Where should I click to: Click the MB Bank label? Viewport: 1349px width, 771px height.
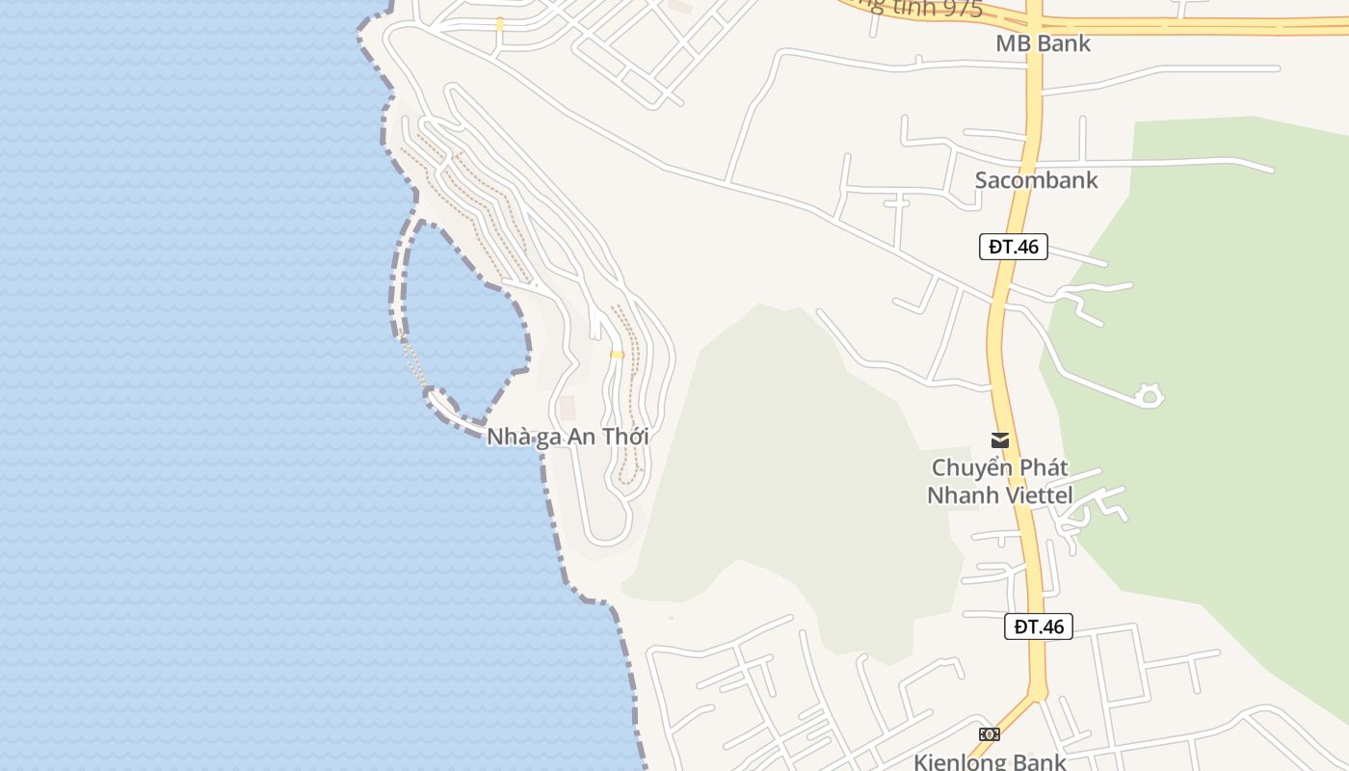(1043, 43)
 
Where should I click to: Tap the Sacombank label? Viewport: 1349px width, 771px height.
(1036, 180)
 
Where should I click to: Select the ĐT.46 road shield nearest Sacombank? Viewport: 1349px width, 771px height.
(1014, 247)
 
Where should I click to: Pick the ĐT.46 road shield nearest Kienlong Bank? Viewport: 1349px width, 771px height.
(1038, 626)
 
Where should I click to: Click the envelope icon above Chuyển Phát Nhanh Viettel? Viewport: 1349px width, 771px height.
(1000, 440)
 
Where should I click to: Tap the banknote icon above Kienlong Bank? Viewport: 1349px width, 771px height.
(989, 734)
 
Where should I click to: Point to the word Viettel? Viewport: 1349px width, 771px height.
(1038, 495)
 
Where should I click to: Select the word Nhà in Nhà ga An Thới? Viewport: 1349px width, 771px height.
(507, 437)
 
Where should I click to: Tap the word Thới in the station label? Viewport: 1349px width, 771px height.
(625, 437)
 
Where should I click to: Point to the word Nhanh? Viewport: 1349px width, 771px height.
(962, 495)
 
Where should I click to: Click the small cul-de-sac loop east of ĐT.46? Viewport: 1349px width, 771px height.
(1149, 395)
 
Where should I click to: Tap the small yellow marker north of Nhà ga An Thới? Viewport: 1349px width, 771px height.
(617, 355)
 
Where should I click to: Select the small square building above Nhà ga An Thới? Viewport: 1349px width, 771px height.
(568, 408)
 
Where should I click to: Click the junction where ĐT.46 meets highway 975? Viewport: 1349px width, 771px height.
(1033, 24)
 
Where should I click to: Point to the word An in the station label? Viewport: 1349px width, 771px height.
(581, 437)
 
